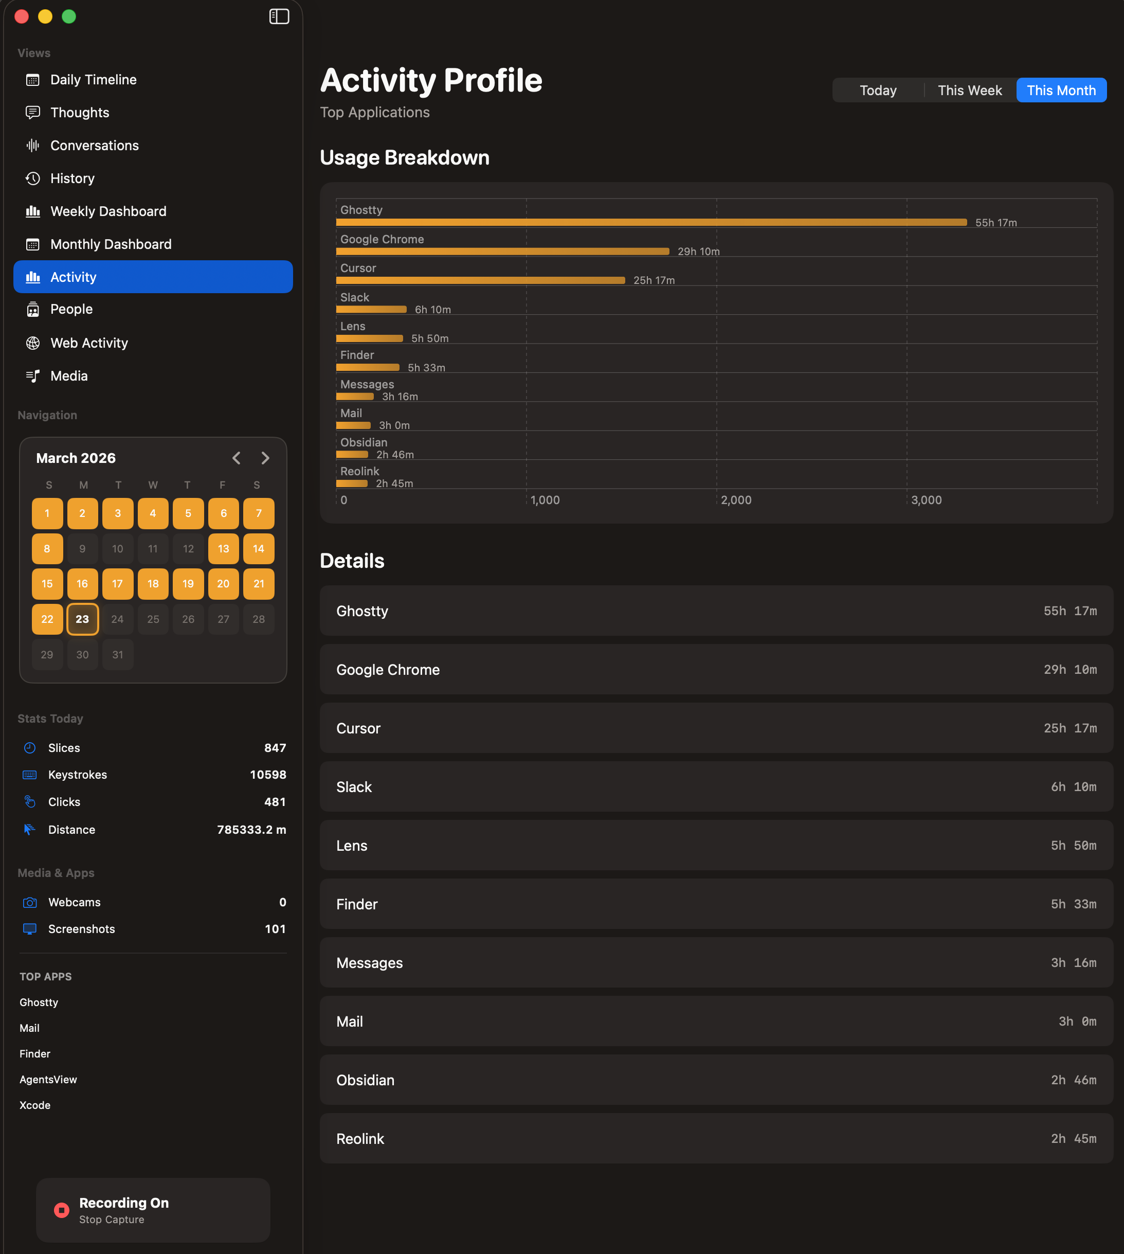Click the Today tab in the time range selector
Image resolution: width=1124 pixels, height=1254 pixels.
878,90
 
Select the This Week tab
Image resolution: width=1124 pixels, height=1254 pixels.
970,90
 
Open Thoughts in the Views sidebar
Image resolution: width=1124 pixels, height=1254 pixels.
80,113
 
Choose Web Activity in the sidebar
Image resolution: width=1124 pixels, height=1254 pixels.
89,343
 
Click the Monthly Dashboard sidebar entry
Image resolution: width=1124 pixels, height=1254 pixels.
111,244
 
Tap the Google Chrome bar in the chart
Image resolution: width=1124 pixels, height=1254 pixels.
502,252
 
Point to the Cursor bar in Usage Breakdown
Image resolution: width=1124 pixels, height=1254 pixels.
480,280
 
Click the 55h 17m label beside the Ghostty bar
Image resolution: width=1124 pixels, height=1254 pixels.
995,222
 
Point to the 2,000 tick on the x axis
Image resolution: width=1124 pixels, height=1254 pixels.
736,500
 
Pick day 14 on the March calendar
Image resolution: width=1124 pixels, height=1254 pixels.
258,548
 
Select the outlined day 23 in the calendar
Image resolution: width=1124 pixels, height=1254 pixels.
82,619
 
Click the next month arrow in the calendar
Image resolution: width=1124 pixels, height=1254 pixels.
265,458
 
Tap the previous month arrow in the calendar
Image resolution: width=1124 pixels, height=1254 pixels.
237,458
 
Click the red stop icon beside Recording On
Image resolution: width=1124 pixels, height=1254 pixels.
61,1210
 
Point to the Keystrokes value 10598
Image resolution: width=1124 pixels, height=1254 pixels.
267,775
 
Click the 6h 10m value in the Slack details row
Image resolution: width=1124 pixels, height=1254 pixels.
1074,786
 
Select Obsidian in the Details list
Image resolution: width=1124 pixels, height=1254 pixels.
365,1080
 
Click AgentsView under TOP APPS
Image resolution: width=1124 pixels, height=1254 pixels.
48,1079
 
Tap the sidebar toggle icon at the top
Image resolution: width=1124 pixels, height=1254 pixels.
279,16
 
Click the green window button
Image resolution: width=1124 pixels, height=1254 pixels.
68,16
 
